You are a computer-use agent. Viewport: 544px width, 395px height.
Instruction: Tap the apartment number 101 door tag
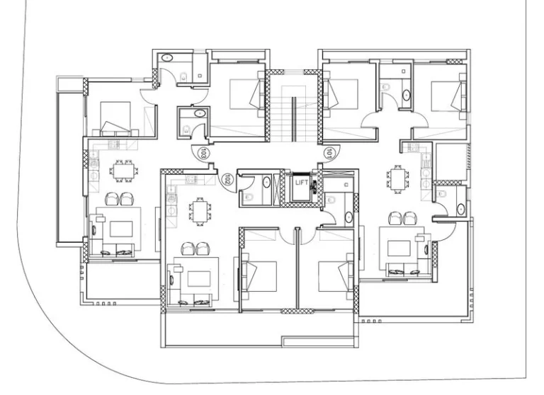[x=329, y=152]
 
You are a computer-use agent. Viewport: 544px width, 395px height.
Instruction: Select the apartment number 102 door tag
[x=227, y=180]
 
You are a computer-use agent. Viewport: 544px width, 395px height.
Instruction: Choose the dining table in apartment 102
[x=199, y=210]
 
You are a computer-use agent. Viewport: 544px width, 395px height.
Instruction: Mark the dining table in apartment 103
[x=123, y=171]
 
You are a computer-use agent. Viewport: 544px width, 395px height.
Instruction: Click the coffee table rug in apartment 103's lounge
[x=122, y=228]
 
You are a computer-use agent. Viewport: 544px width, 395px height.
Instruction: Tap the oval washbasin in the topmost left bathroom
[x=168, y=58]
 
